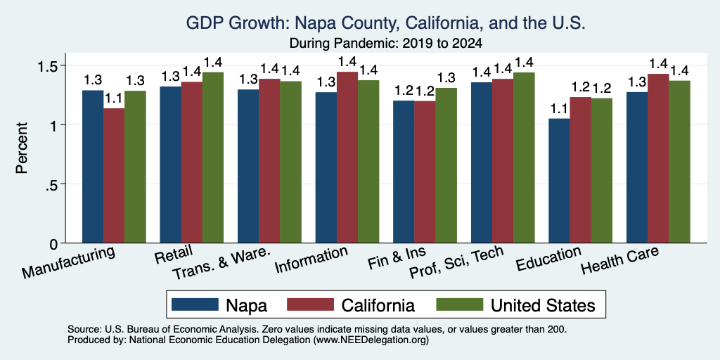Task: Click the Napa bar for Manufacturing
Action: [93, 167]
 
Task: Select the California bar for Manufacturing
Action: [114, 176]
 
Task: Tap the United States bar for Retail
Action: [213, 157]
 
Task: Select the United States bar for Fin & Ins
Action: [446, 165]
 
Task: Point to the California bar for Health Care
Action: [658, 158]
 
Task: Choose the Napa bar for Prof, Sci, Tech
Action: [482, 162]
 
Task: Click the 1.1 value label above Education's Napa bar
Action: [559, 108]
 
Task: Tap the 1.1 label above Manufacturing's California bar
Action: [114, 98]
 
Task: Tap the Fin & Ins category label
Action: [397, 258]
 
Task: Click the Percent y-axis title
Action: [22, 148]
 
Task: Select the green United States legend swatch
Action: [459, 304]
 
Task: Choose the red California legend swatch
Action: [310, 304]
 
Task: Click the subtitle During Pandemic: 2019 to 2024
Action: [386, 44]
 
